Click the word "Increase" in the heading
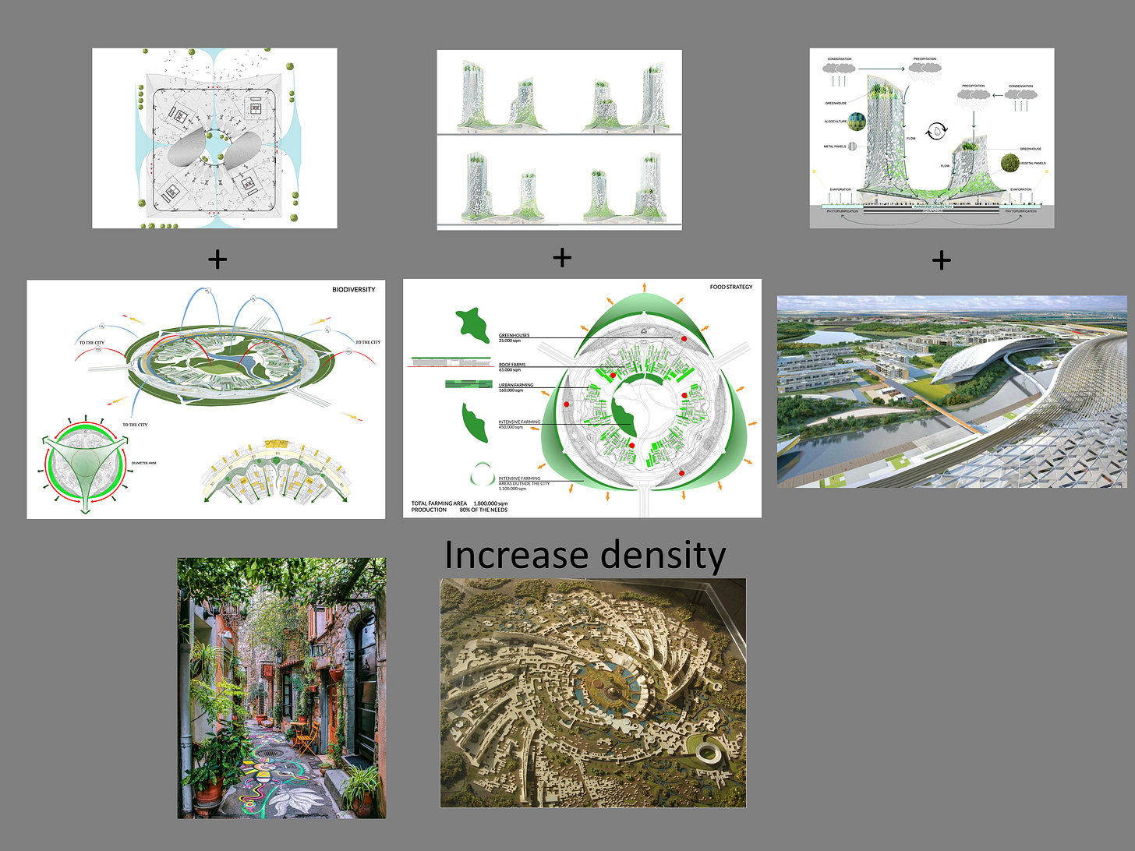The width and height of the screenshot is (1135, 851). click(516, 556)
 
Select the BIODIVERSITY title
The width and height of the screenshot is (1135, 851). click(353, 290)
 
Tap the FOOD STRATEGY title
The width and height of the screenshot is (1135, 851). click(731, 287)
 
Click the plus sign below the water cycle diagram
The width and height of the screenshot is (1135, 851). click(941, 260)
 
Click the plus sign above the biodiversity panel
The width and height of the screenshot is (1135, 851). click(217, 260)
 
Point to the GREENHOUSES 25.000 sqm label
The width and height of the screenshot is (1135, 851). click(514, 337)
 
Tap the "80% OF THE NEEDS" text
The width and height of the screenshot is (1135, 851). click(483, 510)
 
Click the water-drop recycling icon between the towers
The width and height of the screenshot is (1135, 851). click(935, 132)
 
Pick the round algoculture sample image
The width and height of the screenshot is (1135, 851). click(857, 122)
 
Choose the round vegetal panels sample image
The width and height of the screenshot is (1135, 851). click(1010, 163)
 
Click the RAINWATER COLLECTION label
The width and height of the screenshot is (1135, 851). click(932, 207)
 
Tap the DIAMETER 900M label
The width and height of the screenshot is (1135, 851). click(143, 463)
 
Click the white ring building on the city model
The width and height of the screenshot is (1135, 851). click(708, 752)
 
